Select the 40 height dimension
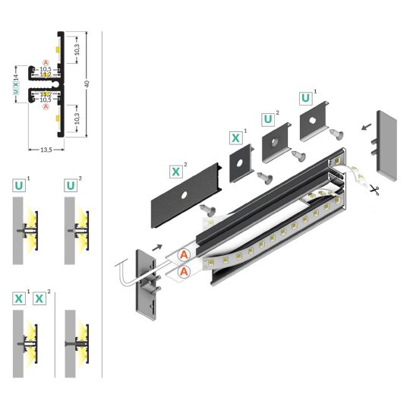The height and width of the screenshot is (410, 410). coord(89,83)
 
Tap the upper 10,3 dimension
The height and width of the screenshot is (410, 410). coord(77,48)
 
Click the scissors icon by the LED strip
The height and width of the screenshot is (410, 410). coord(377,192)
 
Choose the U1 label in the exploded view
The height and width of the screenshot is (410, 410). coord(305,99)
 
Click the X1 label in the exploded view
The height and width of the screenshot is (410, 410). coord(235,138)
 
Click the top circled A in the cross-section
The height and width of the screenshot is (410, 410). coord(46,61)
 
